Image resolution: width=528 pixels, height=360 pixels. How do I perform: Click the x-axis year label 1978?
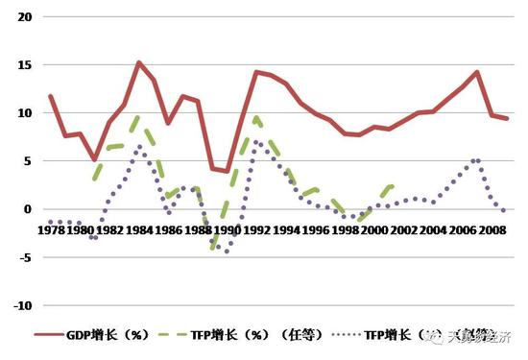click(51, 231)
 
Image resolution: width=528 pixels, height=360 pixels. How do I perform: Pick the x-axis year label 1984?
click(139, 231)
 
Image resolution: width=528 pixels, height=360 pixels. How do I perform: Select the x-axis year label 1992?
click(256, 231)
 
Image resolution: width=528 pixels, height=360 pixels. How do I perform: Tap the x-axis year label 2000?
click(374, 231)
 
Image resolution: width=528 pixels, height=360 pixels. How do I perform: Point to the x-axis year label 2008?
click(492, 231)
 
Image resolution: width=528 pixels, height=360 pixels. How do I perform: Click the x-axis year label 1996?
click(316, 231)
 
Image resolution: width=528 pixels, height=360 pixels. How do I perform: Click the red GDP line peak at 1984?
click(139, 62)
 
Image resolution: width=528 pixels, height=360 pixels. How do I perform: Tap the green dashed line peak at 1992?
click(256, 117)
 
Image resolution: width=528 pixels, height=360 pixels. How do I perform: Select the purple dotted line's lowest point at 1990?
click(228, 251)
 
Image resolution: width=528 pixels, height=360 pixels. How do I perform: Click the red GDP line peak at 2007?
click(477, 72)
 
